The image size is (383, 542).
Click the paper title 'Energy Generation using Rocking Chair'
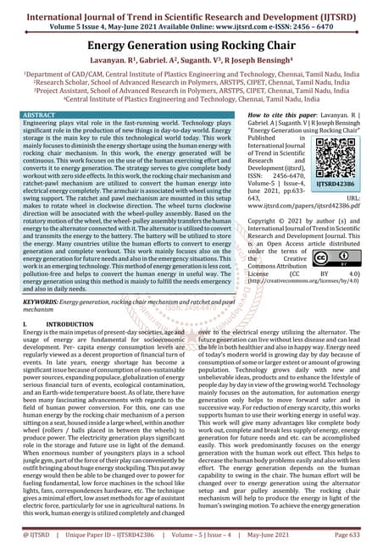[x=191, y=43]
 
